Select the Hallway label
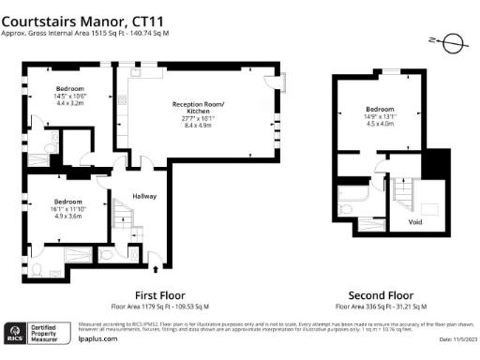(x=143, y=196)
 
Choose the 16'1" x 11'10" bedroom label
(x=67, y=208)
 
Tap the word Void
(x=414, y=222)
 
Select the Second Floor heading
(x=381, y=293)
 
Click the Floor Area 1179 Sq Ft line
(x=160, y=306)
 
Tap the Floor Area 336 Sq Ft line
(x=381, y=306)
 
